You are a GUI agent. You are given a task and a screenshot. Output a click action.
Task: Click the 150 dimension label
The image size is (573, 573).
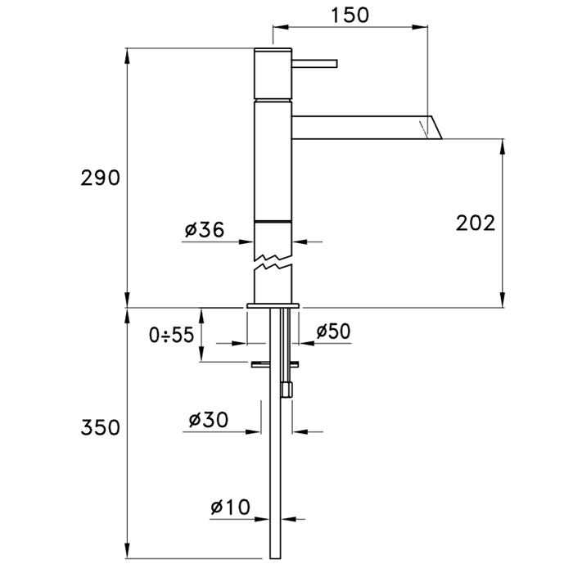(x=350, y=15)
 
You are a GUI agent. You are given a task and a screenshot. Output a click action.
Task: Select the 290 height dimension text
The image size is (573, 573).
(x=100, y=178)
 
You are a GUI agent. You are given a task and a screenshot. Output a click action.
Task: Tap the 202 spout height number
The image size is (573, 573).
(x=475, y=223)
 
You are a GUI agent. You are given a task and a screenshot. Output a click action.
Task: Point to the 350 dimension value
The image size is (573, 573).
(x=100, y=427)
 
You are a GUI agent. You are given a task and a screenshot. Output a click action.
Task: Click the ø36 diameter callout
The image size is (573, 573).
(x=205, y=230)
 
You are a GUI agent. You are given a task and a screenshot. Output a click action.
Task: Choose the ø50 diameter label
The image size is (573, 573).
(x=333, y=331)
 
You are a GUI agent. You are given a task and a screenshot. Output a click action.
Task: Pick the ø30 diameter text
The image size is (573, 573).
(x=208, y=419)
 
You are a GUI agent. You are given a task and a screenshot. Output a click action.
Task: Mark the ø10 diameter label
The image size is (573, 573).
(x=230, y=507)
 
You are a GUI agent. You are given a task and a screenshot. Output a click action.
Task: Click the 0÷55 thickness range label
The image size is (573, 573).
(x=171, y=335)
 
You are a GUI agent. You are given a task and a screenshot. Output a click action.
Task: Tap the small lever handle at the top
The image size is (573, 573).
(x=314, y=64)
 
